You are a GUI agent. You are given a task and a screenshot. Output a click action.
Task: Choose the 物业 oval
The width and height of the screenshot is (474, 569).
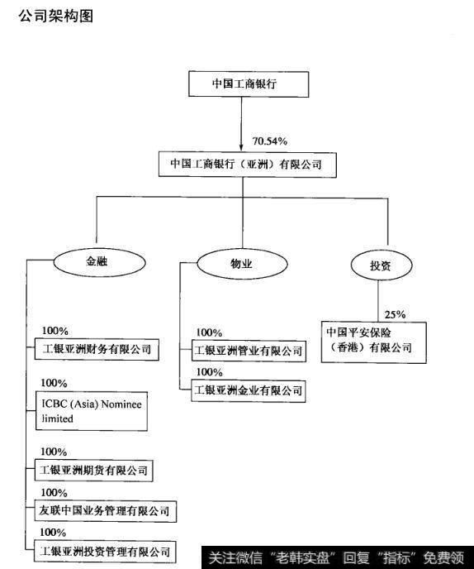point(239,265)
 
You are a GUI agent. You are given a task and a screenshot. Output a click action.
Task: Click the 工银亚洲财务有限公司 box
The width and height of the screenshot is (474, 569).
point(97,349)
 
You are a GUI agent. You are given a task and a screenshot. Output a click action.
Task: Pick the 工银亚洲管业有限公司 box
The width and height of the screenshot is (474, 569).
point(248,351)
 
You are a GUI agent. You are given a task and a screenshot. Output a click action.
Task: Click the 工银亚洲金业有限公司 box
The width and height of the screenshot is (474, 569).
point(248,389)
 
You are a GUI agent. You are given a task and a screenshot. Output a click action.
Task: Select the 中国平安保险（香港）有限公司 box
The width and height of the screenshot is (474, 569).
point(375,340)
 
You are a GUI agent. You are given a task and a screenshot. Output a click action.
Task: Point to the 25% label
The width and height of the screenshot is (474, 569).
point(395,314)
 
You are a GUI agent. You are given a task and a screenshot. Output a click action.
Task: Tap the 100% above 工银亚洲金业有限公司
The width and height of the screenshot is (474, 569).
point(209,372)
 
